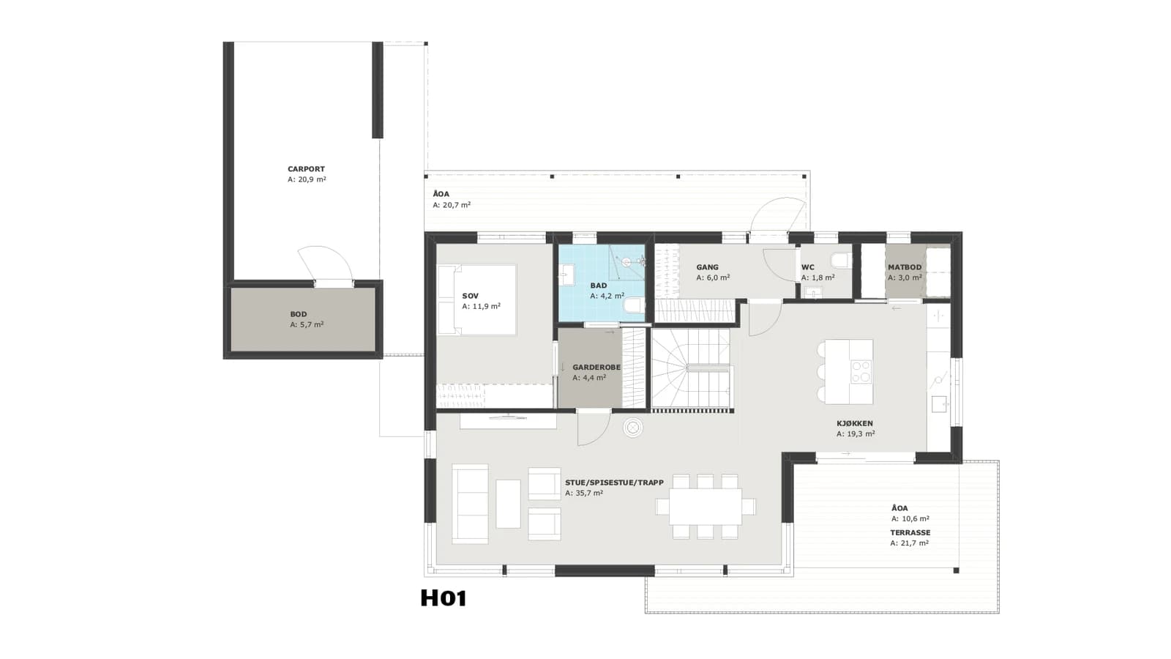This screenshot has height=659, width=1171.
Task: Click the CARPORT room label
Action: (307, 169)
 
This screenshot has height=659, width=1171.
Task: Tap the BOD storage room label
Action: (299, 314)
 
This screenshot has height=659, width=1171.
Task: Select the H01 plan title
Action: (444, 598)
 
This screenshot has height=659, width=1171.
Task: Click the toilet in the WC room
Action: (840, 260)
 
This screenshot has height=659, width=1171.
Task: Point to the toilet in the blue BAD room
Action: (635, 305)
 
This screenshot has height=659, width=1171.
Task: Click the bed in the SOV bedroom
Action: (476, 299)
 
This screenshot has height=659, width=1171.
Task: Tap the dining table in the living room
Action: (706, 506)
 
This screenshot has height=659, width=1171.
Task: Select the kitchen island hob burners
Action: (861, 371)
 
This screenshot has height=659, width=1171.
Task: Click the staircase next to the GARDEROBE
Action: (690, 369)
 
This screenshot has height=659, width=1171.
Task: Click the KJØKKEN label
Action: (855, 424)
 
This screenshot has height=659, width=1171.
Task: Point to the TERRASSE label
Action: (910, 533)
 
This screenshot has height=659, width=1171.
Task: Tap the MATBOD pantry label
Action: (905, 267)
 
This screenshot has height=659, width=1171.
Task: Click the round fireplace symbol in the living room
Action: (632, 428)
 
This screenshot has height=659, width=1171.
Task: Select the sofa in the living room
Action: (470, 504)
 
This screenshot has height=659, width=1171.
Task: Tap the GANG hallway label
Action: (707, 267)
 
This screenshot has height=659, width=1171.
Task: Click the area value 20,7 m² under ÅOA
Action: (452, 205)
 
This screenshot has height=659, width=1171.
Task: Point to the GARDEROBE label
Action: (596, 367)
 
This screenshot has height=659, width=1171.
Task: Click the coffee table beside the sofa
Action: (508, 504)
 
